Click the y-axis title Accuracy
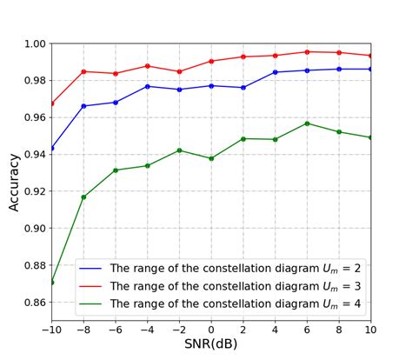click(x=14, y=183)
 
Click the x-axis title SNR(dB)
click(x=211, y=344)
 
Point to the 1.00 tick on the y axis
click(x=35, y=43)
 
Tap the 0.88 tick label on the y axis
click(x=35, y=265)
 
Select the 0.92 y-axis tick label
click(x=35, y=191)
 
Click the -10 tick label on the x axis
click(x=51, y=329)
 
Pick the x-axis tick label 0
click(x=211, y=329)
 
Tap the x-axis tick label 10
click(x=371, y=329)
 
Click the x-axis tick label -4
click(x=147, y=329)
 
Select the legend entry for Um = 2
click(x=230, y=268)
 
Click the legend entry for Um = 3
click(x=230, y=285)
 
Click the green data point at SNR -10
click(x=51, y=282)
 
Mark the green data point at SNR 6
click(x=307, y=123)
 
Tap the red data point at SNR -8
click(x=83, y=71)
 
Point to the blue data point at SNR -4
click(x=147, y=86)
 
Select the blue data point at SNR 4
click(x=275, y=72)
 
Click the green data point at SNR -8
click(x=83, y=197)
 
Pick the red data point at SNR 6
click(x=307, y=52)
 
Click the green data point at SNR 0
click(x=211, y=158)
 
